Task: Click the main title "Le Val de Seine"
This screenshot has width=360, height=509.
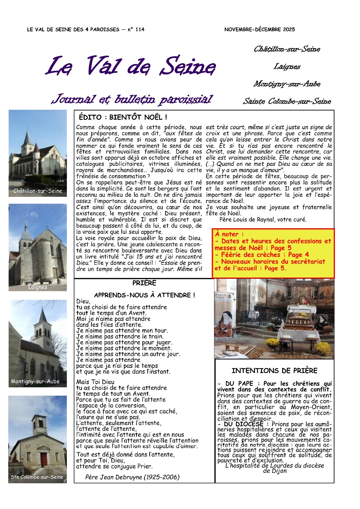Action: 131,66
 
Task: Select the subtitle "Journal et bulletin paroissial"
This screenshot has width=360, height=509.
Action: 132,99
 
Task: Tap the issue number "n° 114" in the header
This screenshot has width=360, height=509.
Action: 136,29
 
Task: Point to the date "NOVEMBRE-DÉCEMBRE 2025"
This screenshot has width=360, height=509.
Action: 259,29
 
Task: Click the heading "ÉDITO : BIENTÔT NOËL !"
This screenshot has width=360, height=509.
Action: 123,117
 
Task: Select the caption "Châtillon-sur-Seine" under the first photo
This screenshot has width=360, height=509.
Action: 38,191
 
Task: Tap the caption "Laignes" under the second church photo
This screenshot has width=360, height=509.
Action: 38,287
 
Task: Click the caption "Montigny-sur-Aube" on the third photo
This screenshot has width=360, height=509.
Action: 35,381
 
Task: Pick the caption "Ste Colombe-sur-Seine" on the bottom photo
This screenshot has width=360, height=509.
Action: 37,477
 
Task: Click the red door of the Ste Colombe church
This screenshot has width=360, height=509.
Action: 44,459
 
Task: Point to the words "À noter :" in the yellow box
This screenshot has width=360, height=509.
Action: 230,234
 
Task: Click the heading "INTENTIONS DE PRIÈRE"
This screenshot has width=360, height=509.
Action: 274,371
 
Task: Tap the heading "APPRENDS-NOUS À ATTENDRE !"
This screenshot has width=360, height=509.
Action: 144,295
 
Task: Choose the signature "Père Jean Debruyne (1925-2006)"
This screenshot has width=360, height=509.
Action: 132,477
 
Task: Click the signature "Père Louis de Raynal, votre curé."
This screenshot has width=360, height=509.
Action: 263,219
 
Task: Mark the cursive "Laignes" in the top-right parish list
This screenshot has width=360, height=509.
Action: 287,67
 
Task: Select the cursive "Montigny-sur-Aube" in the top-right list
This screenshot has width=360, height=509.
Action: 287,84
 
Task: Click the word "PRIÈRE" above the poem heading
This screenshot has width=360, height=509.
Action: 144,283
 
